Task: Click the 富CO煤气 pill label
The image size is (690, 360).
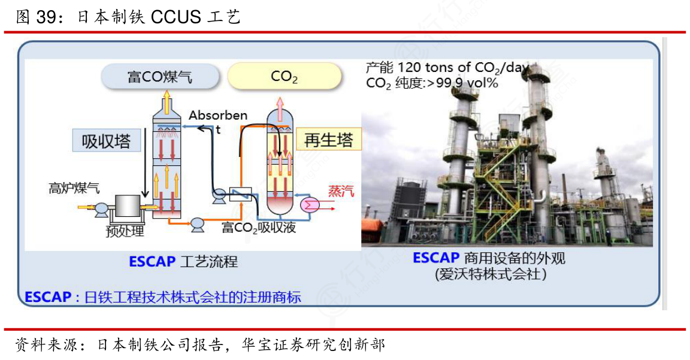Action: [x=160, y=77]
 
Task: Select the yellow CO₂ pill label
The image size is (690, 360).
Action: [x=285, y=77]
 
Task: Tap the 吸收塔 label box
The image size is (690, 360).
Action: [x=107, y=140]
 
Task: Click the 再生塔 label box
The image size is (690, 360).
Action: [x=328, y=140]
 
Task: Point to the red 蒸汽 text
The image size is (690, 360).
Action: [x=341, y=190]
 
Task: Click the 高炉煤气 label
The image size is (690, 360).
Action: [x=74, y=188]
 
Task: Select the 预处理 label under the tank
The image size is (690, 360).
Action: [x=125, y=231]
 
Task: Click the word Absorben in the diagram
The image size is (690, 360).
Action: [x=218, y=115]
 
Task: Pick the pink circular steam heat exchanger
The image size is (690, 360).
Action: [x=310, y=205]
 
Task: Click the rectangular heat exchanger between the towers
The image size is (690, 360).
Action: [x=240, y=194]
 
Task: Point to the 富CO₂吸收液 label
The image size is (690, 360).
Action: [x=258, y=228]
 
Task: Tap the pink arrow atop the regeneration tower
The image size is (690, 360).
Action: [x=279, y=103]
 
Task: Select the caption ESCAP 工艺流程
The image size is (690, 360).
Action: [x=183, y=262]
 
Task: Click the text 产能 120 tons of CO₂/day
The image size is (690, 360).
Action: [x=447, y=68]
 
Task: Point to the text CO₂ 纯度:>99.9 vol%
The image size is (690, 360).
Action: [x=432, y=83]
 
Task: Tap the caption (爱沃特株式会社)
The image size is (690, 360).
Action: [x=491, y=274]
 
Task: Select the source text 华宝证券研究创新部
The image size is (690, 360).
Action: [x=313, y=344]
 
